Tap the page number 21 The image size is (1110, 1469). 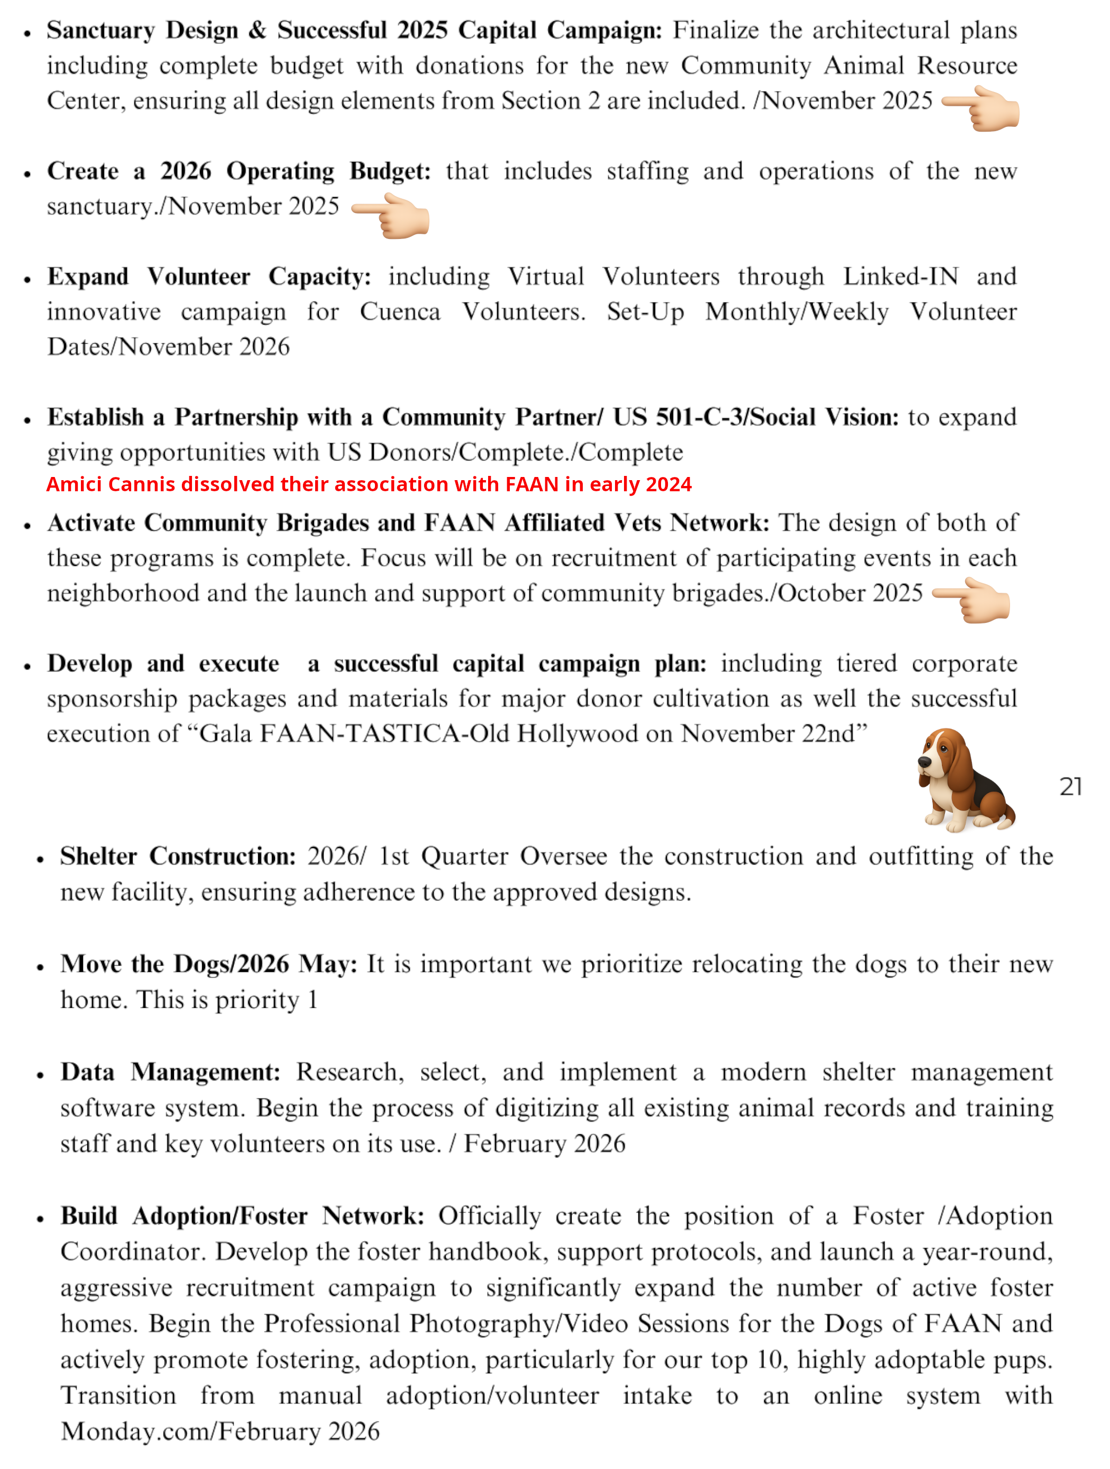(x=1070, y=786)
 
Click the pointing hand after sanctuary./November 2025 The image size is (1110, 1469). (x=392, y=216)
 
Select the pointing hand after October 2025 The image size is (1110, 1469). (x=973, y=600)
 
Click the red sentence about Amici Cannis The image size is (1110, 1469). (x=369, y=484)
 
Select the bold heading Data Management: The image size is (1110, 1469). (x=171, y=1072)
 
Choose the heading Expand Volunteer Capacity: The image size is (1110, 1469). (x=208, y=276)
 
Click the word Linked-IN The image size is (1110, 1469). (x=901, y=276)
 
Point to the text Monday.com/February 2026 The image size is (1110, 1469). (x=220, y=1431)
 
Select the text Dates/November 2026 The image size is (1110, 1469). (x=169, y=347)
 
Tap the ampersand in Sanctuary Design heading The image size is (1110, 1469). (x=257, y=31)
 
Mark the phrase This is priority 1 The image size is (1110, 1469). (x=227, y=999)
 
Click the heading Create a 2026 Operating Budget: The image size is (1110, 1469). (x=238, y=171)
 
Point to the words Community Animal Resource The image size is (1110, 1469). (x=848, y=66)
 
